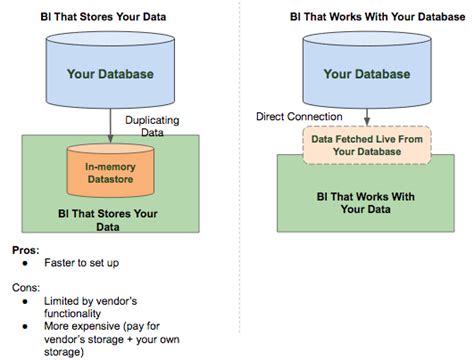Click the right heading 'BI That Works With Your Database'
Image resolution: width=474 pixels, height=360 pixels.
357,19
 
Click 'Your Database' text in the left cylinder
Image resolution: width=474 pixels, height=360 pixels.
109,73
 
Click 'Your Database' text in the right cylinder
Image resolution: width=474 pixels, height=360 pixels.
366,73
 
